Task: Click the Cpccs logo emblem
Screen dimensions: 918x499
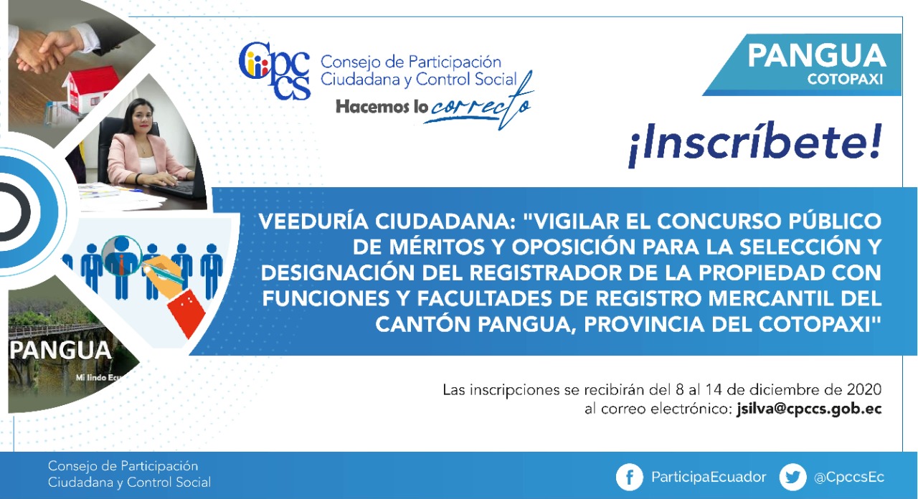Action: (x=275, y=70)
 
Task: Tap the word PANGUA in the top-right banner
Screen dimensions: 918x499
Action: (x=817, y=56)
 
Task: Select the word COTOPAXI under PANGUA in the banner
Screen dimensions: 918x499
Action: (x=845, y=79)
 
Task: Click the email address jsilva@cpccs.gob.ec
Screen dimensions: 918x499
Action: (x=809, y=409)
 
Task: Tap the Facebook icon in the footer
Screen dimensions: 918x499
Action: (x=629, y=477)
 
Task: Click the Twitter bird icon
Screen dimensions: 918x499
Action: (x=792, y=477)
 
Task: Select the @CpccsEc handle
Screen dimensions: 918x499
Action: (x=848, y=477)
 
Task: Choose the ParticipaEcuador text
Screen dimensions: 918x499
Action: (x=709, y=477)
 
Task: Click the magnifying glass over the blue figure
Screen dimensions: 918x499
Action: (x=122, y=256)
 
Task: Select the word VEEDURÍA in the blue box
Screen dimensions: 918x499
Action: (x=313, y=222)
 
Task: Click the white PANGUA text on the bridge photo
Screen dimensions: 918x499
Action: (x=60, y=351)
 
